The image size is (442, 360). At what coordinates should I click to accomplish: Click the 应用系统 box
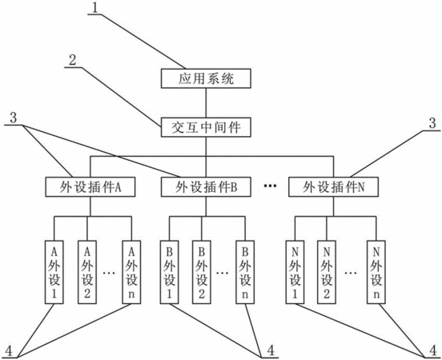point(206,78)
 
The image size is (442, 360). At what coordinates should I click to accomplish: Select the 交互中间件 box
point(206,128)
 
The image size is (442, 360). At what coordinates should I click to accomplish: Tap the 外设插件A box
point(90,186)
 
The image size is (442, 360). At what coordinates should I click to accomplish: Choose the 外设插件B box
point(206,186)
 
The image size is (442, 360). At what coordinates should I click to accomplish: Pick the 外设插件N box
point(333,186)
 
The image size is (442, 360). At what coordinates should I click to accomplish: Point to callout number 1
point(95,8)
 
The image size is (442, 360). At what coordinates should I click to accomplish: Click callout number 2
point(73,60)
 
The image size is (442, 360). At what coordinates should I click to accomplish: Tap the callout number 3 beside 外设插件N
point(432,123)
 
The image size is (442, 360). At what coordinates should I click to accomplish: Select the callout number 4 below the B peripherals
point(271,350)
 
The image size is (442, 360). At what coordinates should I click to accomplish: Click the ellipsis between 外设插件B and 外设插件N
point(270,186)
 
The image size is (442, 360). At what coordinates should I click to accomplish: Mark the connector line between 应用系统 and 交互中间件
point(206,103)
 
